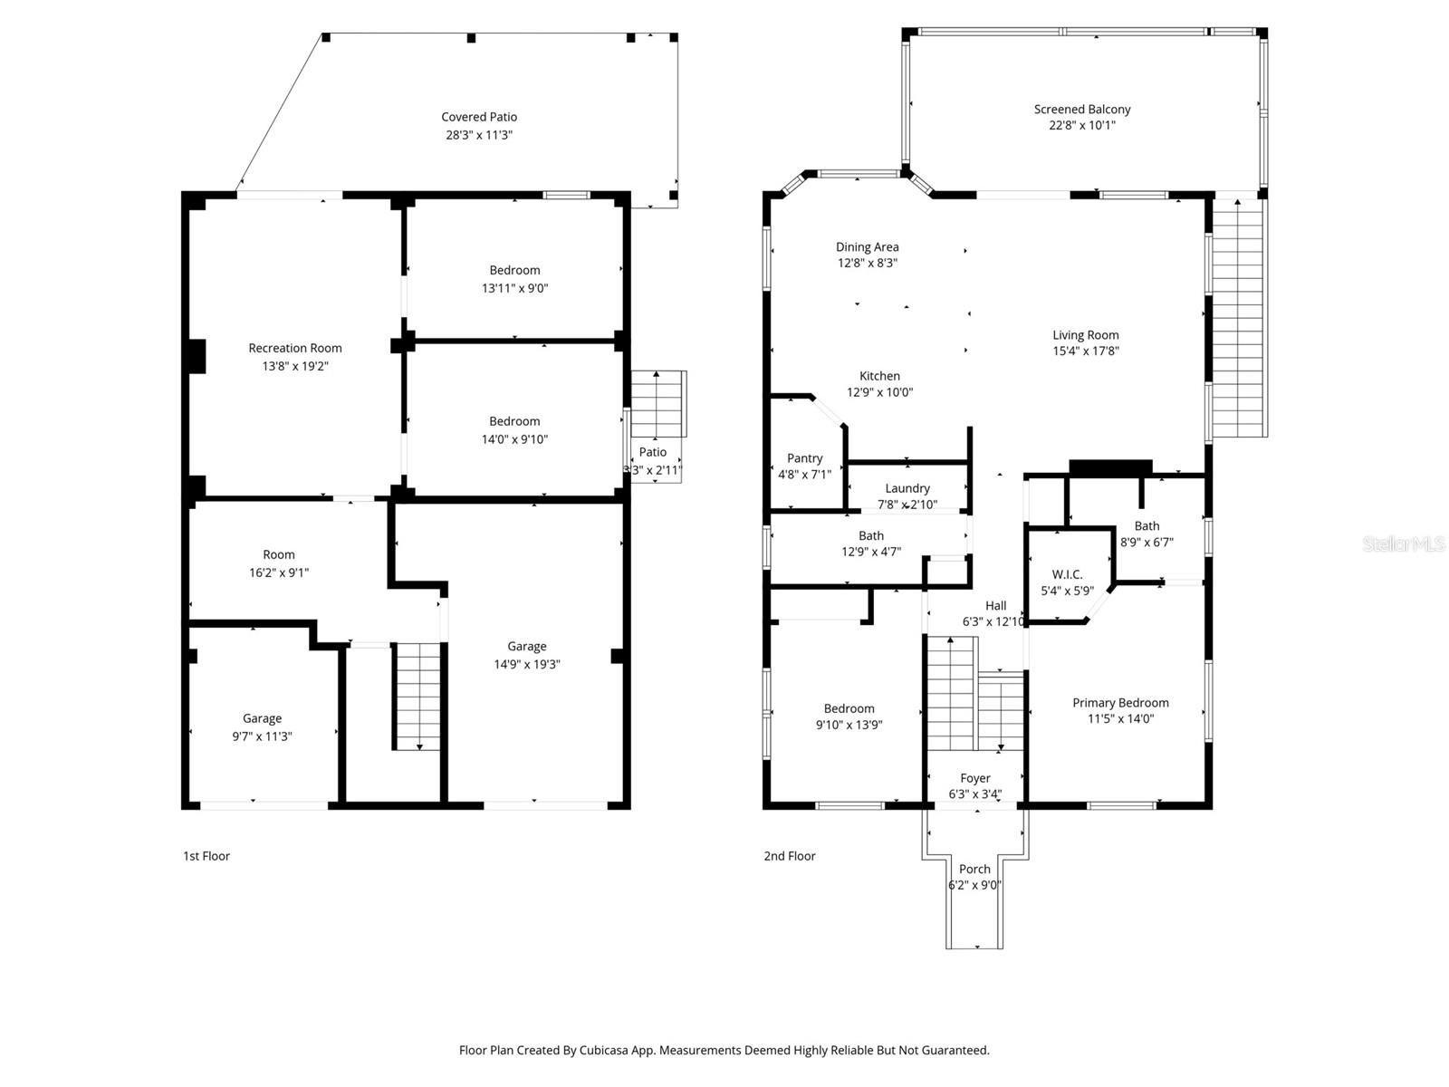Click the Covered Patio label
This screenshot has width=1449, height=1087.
479,117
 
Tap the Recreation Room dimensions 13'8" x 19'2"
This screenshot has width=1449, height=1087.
295,367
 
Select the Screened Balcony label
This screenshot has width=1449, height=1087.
1082,110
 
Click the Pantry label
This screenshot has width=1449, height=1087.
804,458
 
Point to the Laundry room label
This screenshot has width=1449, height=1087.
907,488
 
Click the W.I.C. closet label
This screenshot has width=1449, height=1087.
1067,574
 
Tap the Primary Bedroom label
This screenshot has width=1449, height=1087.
1120,703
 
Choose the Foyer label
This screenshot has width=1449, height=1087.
975,778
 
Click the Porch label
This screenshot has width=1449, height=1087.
974,869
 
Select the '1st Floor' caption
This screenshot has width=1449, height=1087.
206,856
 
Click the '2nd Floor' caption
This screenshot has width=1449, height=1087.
790,856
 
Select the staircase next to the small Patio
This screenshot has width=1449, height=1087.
657,404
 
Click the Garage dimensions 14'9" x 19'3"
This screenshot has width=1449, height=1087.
527,665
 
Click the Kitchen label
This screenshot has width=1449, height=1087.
879,376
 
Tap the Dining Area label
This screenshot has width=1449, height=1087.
867,247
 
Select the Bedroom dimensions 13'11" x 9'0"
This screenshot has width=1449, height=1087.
514,289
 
